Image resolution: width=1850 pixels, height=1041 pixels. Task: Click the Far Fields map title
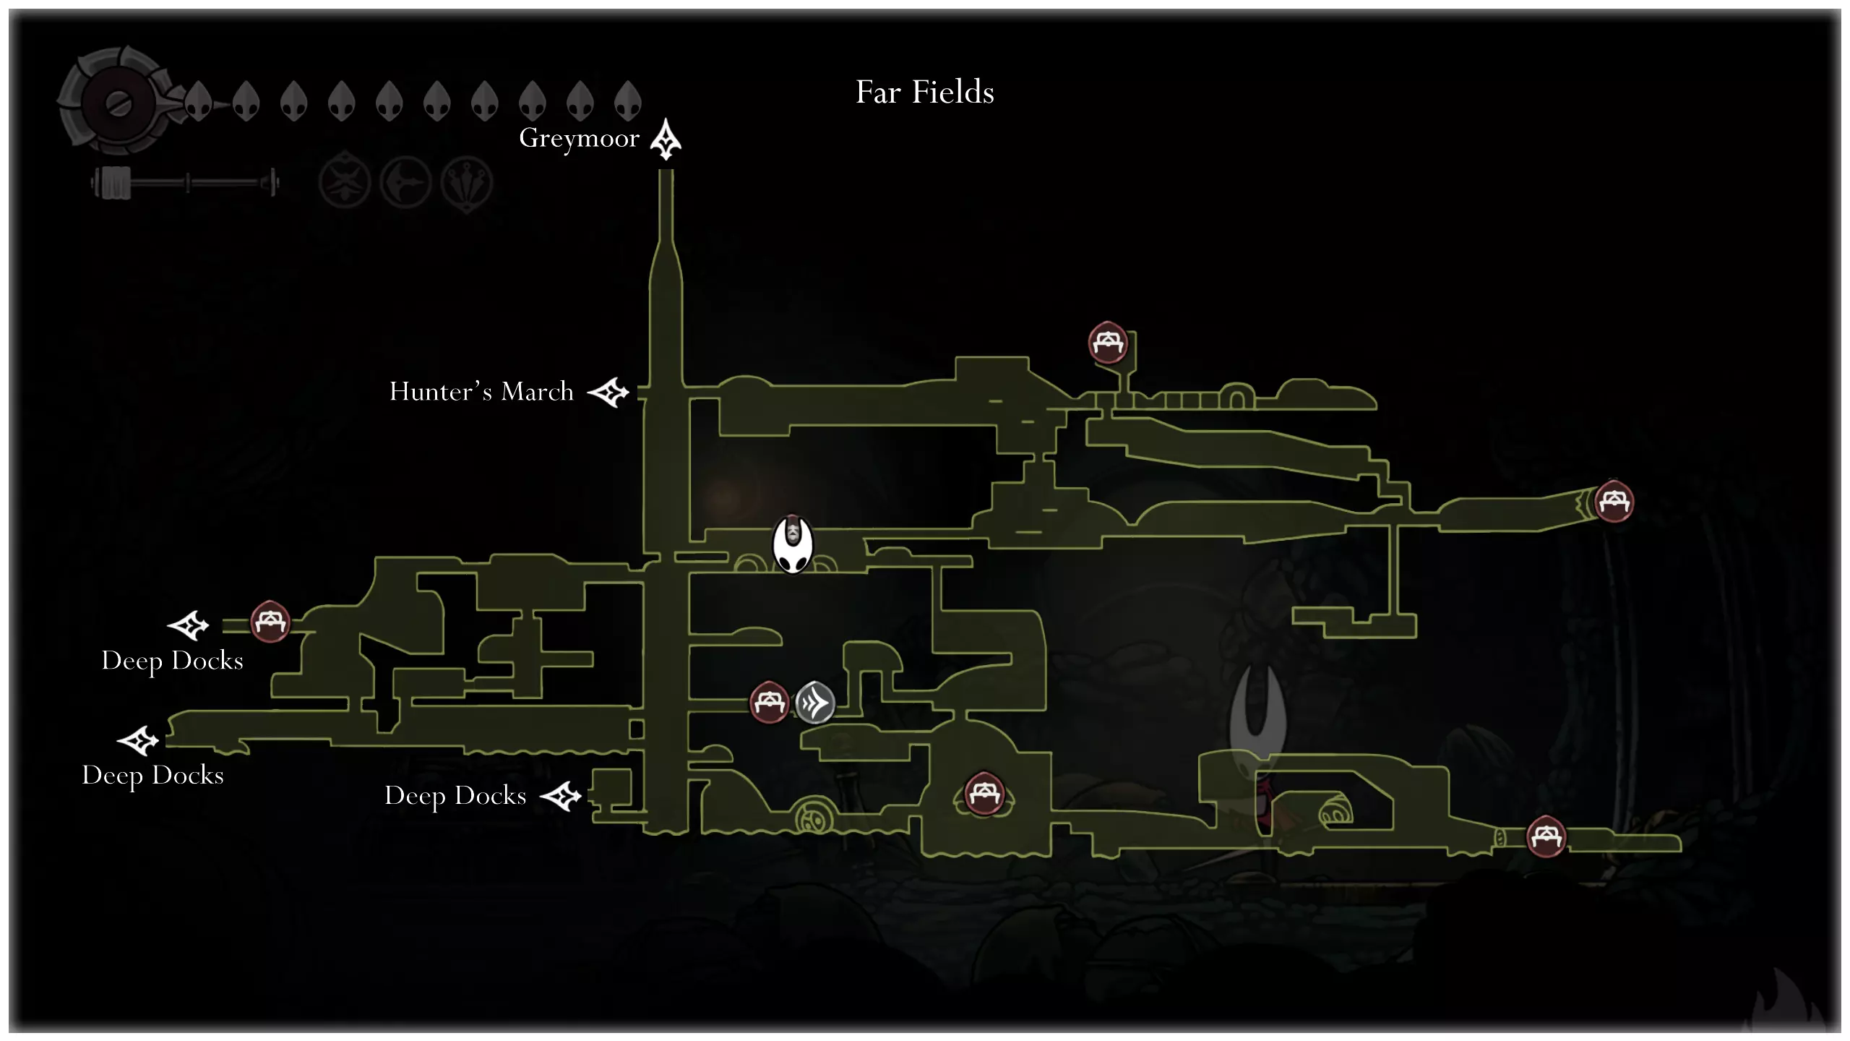click(924, 93)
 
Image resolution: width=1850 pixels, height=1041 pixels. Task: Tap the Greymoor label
click(579, 138)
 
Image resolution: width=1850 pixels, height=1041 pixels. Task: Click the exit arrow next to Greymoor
click(666, 139)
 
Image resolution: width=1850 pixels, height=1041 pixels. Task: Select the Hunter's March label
click(481, 392)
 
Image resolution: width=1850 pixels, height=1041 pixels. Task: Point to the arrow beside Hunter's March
click(608, 393)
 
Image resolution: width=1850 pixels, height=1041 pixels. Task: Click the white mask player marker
click(793, 545)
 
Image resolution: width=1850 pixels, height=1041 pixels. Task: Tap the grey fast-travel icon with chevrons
click(815, 702)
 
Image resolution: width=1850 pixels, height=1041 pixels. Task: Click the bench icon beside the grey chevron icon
click(769, 701)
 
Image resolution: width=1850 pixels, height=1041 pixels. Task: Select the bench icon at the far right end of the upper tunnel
click(1614, 501)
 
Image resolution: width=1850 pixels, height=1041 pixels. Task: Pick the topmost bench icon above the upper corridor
click(1108, 342)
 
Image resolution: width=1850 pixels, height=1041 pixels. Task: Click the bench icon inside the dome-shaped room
click(984, 794)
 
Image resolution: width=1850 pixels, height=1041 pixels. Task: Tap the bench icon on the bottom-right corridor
click(1546, 836)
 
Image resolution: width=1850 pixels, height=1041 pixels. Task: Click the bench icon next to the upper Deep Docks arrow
click(270, 621)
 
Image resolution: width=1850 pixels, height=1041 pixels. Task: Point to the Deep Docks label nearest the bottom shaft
click(455, 796)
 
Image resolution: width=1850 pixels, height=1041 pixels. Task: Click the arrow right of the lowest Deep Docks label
click(561, 797)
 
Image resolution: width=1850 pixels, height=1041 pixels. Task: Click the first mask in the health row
click(198, 100)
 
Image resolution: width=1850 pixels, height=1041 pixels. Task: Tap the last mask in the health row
click(627, 100)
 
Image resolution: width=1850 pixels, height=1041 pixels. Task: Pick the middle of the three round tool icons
click(406, 182)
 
